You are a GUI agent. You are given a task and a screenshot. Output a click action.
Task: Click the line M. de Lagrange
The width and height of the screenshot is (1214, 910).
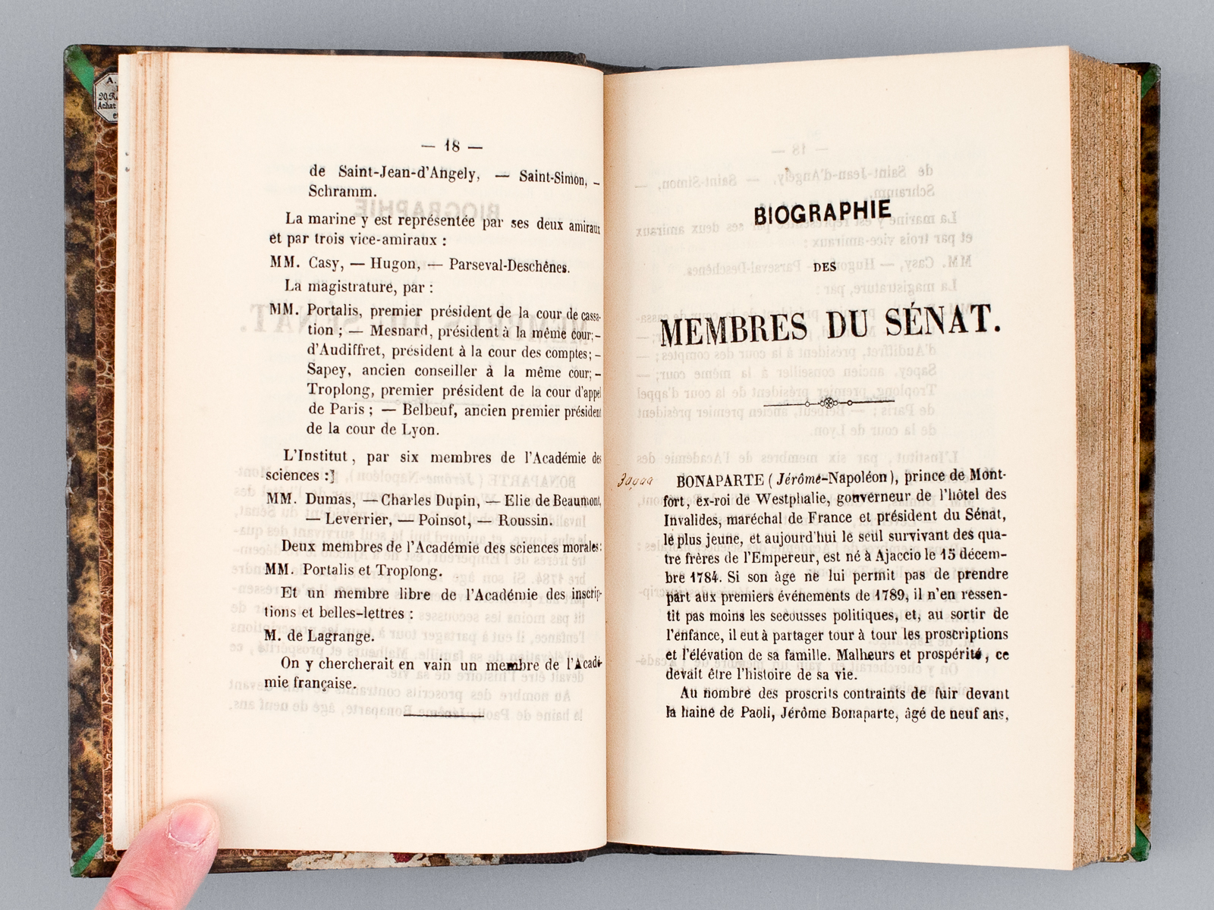click(319, 636)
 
